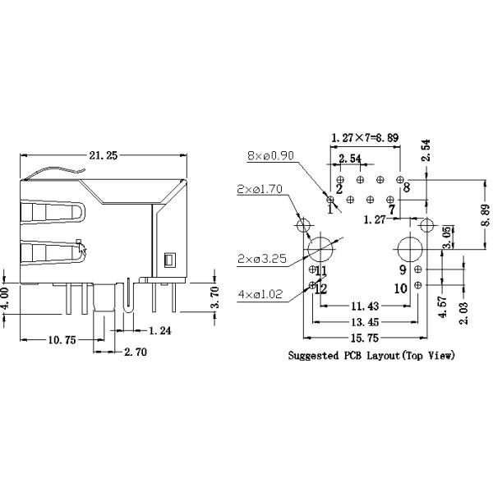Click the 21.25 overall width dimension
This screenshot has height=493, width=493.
(x=101, y=154)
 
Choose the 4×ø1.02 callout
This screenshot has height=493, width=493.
(x=260, y=293)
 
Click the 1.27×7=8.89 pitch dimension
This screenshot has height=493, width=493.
(x=365, y=136)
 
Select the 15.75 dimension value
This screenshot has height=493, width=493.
(x=365, y=336)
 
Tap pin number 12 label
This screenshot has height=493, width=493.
(x=321, y=288)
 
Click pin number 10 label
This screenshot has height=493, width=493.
(x=400, y=288)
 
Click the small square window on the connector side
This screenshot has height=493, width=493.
(x=168, y=260)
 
